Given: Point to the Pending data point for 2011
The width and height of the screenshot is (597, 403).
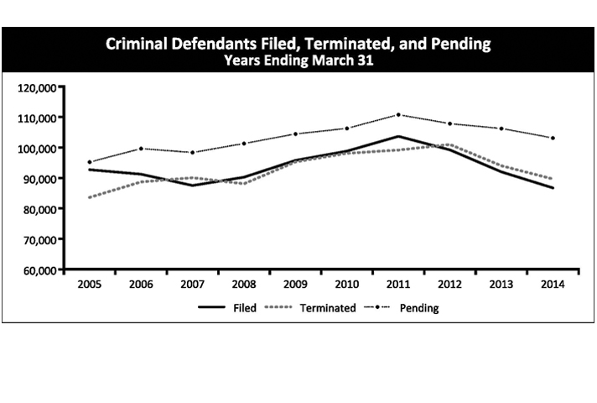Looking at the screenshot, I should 398,115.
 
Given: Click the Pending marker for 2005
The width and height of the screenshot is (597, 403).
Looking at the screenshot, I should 89,162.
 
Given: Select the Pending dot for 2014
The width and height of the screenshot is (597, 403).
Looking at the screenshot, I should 553,138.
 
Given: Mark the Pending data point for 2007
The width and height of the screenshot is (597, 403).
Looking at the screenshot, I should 192,153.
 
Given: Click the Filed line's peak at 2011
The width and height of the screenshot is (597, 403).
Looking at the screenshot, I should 398,136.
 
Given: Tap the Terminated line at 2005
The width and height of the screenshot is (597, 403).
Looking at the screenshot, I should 89,197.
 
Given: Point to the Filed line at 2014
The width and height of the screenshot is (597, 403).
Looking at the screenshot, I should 553,188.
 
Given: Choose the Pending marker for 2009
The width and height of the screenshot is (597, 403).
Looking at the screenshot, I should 295,133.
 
